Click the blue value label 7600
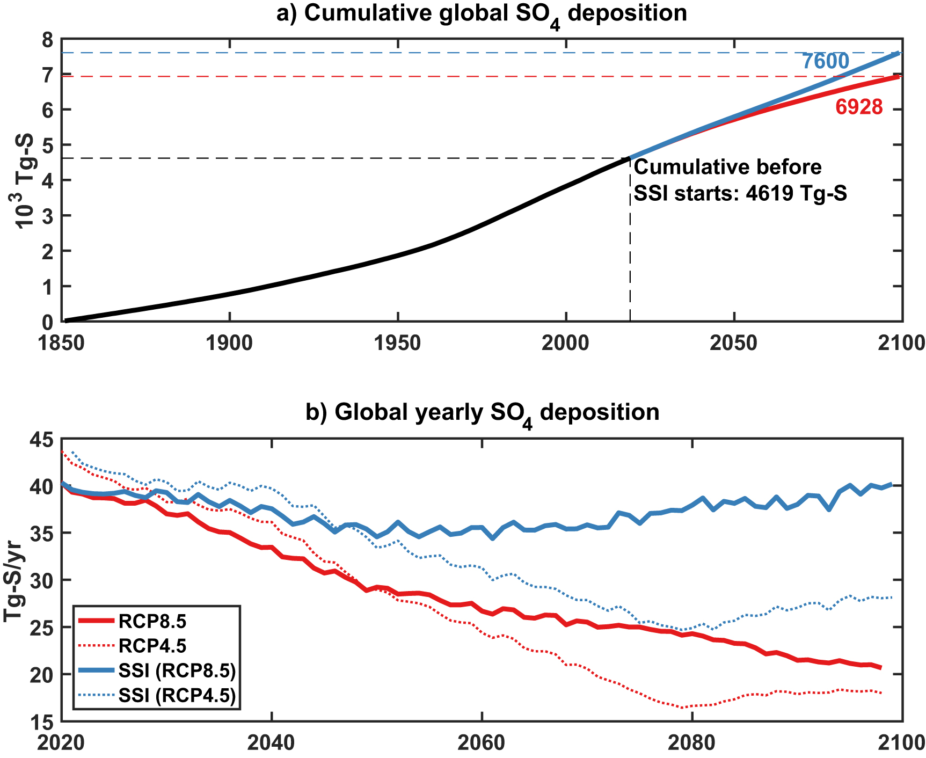click(826, 62)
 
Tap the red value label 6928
click(859, 107)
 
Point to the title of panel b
click(482, 413)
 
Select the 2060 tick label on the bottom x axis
click(482, 742)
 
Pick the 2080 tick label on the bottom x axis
click(692, 742)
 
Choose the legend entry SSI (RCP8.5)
click(177, 671)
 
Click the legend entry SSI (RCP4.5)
click(177, 696)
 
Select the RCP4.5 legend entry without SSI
click(152, 646)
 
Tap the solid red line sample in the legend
click(97, 621)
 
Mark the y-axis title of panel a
click(24, 181)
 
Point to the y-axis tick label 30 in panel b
click(43, 580)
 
